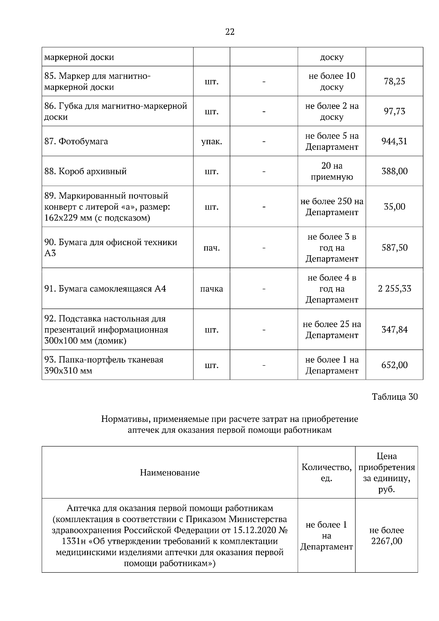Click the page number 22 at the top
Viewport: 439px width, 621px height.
(x=229, y=32)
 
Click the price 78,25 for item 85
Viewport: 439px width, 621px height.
(x=394, y=81)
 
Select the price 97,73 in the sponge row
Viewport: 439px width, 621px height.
(x=394, y=111)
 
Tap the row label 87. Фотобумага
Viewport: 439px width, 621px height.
(x=76, y=141)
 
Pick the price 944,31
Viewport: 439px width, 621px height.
(x=394, y=141)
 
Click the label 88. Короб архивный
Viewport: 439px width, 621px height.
(x=85, y=171)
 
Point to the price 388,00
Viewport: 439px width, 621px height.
(x=394, y=171)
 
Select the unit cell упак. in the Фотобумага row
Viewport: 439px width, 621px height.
(x=211, y=141)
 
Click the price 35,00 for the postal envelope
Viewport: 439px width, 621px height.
(x=394, y=207)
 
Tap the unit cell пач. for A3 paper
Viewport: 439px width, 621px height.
(x=211, y=248)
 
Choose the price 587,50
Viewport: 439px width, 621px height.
(x=394, y=248)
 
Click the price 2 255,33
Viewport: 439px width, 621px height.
(x=394, y=289)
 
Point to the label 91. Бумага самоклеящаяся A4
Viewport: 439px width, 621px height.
(x=105, y=289)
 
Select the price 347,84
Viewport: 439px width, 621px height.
(x=394, y=330)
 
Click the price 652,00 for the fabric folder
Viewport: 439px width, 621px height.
(x=394, y=365)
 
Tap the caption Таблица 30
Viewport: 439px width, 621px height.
(x=394, y=397)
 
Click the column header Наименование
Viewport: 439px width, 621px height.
(x=169, y=473)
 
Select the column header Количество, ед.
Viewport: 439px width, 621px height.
(x=326, y=473)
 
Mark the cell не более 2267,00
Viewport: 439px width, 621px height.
(x=386, y=535)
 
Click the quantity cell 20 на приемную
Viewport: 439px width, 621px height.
(x=331, y=171)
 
